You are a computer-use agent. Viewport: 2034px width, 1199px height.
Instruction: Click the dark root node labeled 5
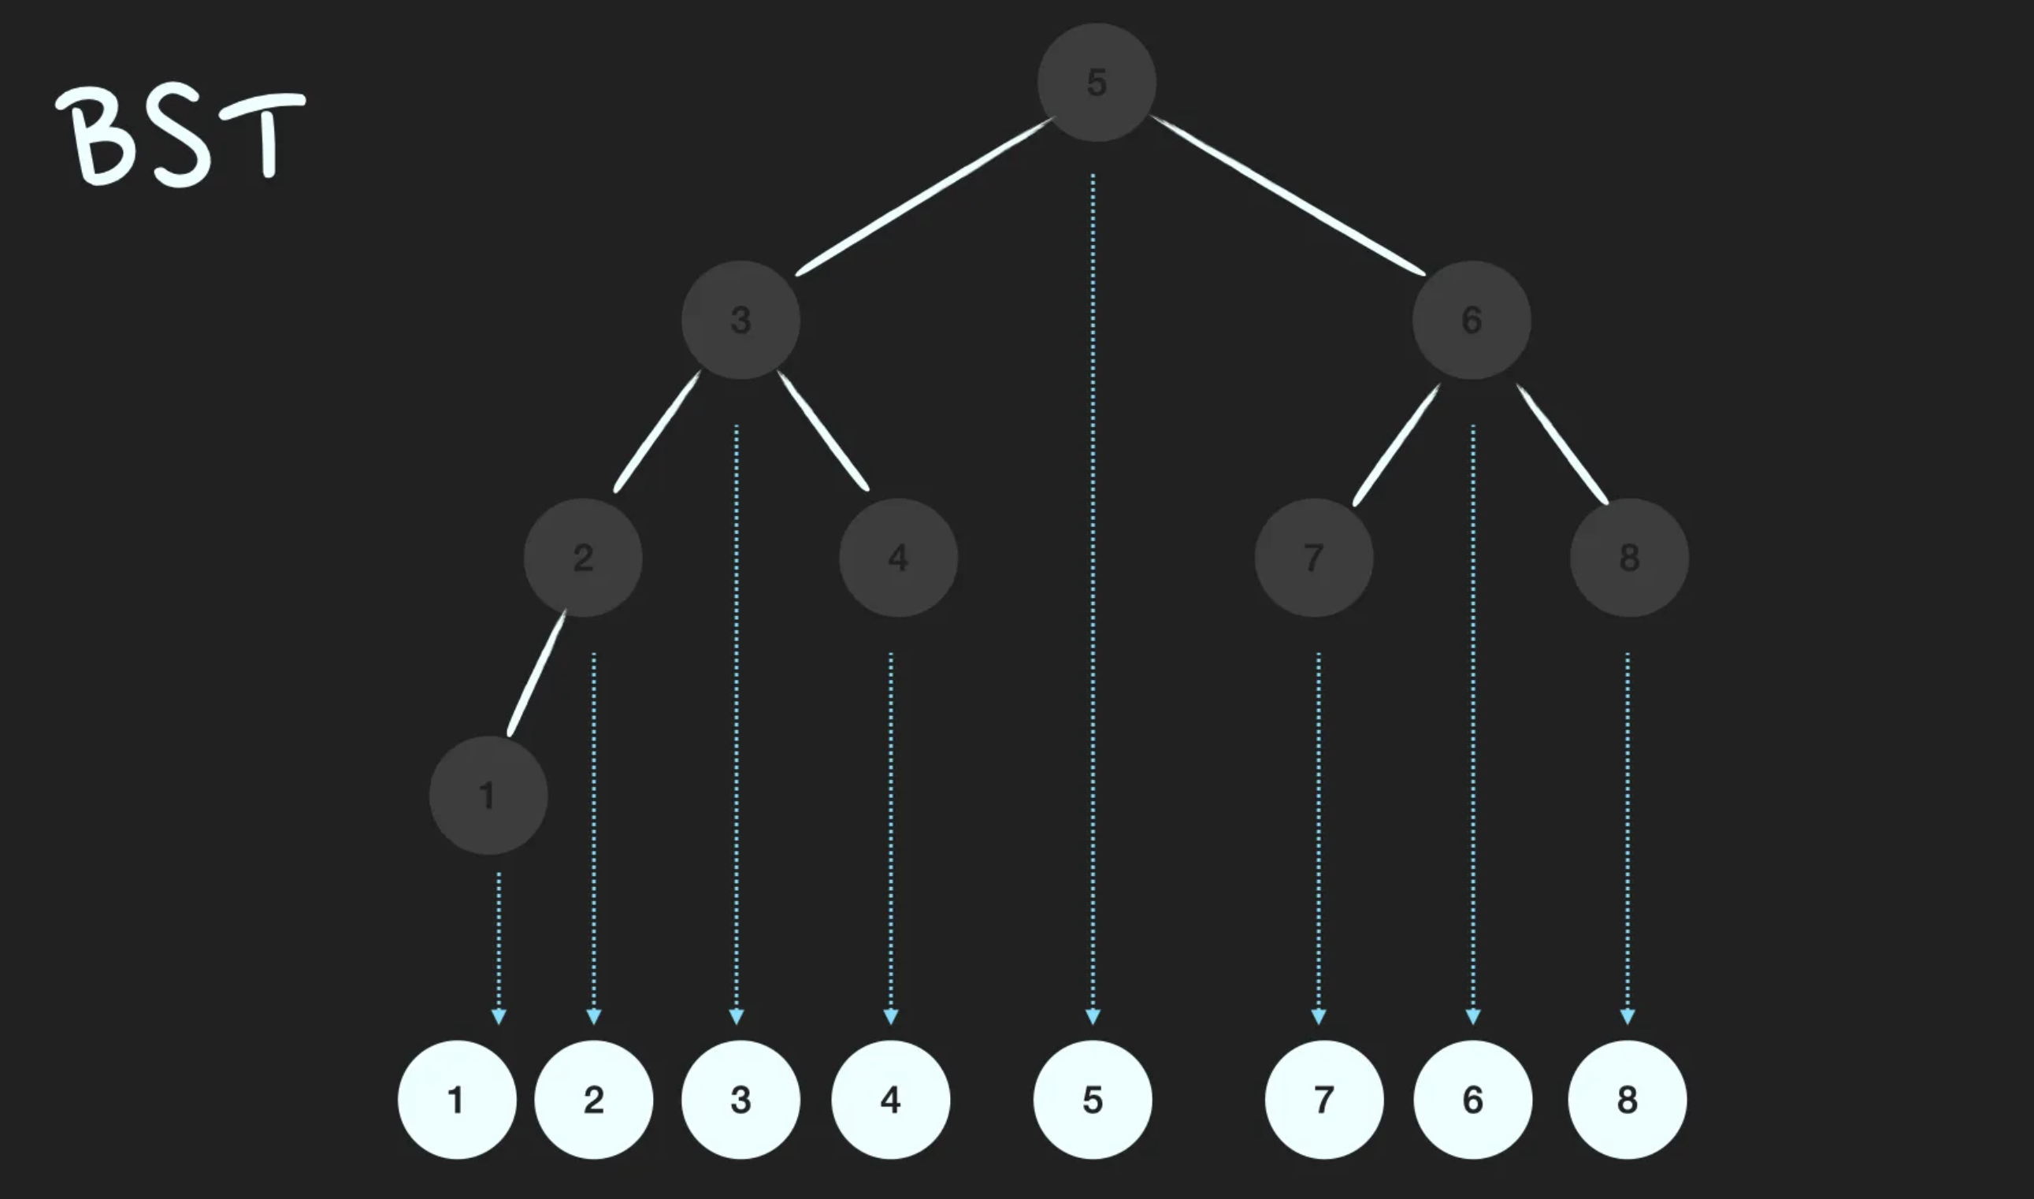(1096, 83)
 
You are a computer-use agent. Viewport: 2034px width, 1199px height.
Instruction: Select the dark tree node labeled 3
(740, 320)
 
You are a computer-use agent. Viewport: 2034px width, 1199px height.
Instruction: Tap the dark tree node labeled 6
(1471, 320)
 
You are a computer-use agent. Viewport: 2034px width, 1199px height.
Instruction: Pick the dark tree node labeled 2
(582, 558)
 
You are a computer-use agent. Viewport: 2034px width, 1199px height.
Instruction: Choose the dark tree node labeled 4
(898, 558)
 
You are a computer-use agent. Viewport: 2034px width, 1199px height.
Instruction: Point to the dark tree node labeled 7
(1313, 558)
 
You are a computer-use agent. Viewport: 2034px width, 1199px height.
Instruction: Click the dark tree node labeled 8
(1628, 558)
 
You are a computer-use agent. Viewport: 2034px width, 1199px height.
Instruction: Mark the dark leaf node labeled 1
(488, 795)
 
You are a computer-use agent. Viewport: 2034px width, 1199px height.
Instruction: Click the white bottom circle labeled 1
(456, 1100)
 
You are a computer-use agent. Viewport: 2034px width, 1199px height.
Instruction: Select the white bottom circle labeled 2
(593, 1100)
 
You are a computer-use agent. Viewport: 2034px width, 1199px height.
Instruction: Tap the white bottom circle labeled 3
(740, 1100)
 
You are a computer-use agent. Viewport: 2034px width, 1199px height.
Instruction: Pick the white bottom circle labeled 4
(890, 1100)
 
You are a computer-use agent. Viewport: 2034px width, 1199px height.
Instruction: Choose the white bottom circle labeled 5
(1092, 1100)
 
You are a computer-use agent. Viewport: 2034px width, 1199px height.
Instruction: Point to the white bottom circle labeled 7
(1323, 1100)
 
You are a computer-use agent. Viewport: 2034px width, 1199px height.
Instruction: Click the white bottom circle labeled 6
(1472, 1100)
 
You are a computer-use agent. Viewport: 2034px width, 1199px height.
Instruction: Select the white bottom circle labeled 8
(1627, 1100)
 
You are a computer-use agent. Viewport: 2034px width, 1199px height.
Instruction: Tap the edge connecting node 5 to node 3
(925, 196)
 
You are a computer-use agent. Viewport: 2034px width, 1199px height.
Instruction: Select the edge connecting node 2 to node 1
(537, 673)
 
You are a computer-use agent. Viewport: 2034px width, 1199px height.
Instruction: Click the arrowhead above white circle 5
(1092, 1016)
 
